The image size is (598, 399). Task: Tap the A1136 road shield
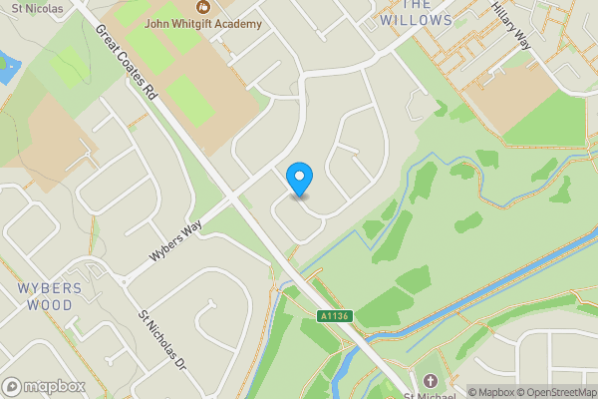[x=336, y=316]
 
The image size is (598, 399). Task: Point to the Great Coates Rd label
[x=128, y=61]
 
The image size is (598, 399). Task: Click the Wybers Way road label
[x=175, y=238]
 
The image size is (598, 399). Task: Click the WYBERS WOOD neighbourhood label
[x=42, y=296]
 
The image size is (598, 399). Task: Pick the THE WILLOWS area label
[x=417, y=13]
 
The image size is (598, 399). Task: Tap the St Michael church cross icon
[x=431, y=382]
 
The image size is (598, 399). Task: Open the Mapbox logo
[x=43, y=386]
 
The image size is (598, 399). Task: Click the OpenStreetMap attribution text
[x=557, y=392]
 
